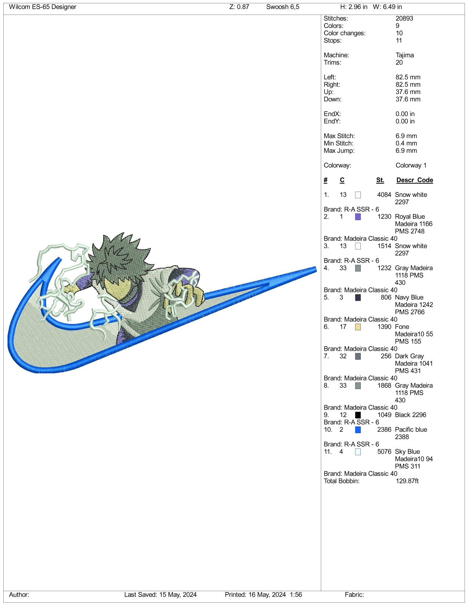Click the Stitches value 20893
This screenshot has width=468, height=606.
404,18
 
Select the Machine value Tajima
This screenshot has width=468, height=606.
404,55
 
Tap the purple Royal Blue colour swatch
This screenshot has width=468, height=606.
358,217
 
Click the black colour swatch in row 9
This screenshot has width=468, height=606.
358,415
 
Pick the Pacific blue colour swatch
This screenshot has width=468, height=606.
358,430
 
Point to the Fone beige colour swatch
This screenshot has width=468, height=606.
358,327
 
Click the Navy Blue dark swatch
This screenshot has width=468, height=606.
358,297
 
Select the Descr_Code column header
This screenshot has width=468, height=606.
414,180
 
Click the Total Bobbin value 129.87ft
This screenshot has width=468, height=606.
407,481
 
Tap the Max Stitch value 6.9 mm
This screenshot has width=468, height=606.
406,136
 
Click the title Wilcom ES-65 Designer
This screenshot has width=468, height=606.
43,7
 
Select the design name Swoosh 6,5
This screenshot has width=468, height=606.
283,7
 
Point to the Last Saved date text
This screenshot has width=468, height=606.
160,595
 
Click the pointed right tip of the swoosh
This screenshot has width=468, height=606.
316,269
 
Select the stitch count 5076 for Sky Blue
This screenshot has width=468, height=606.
384,452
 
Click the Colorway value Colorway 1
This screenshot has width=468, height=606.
411,165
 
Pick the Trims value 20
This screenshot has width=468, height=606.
399,62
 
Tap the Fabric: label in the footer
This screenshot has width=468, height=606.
354,595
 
